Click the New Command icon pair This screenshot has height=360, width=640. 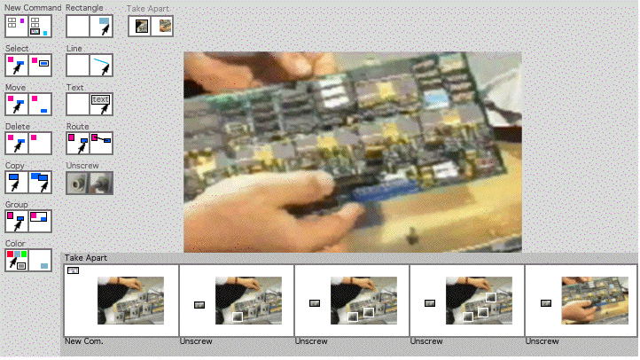28,26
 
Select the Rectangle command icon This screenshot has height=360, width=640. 90,26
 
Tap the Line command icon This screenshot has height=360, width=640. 90,65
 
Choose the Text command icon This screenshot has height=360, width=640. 90,104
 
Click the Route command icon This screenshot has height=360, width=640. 90,143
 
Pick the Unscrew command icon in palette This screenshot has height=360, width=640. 90,183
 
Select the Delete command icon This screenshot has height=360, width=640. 28,143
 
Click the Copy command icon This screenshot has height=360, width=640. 28,182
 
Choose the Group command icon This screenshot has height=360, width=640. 28,221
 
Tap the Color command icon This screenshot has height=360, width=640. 28,260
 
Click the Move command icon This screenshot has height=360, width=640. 28,104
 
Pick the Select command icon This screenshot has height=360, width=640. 28,65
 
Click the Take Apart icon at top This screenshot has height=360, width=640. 151,26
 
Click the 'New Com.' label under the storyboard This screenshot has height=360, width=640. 83,341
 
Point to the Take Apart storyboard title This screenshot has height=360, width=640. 86,258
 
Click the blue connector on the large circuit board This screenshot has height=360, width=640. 384,192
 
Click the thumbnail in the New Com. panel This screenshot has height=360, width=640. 130,301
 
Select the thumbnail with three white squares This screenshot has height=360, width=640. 479,301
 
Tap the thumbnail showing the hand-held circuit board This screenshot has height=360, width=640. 595,301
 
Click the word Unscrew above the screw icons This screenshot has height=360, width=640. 82,166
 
